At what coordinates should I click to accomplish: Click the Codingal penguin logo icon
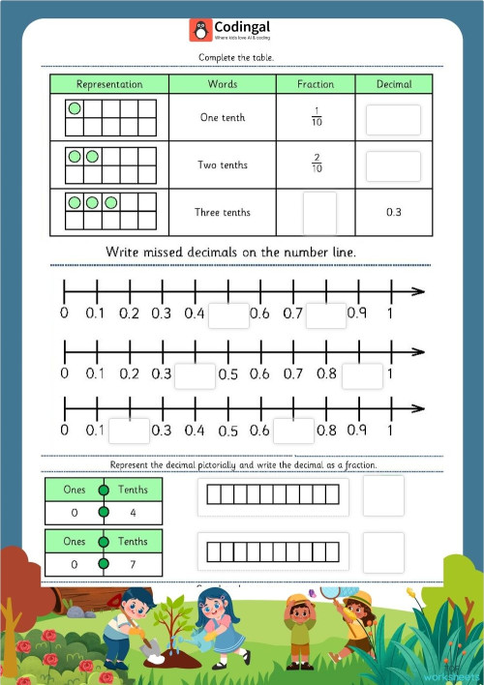[x=200, y=31]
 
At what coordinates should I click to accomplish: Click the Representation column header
[x=109, y=84]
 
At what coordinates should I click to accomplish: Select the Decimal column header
[x=393, y=84]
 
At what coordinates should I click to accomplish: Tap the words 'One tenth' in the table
[x=223, y=118]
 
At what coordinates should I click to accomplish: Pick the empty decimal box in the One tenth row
[x=393, y=119]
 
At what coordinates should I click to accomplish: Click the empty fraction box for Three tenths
[x=319, y=213]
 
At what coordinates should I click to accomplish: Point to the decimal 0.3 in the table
[x=393, y=213]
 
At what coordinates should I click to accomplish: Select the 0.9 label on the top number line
[x=356, y=313]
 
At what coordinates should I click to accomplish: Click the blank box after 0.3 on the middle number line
[x=196, y=375]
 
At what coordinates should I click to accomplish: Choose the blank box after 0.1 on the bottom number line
[x=129, y=431]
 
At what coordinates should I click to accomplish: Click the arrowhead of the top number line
[x=417, y=290]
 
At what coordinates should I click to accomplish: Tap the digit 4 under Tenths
[x=133, y=514]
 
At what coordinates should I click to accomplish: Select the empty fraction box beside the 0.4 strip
[x=383, y=495]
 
